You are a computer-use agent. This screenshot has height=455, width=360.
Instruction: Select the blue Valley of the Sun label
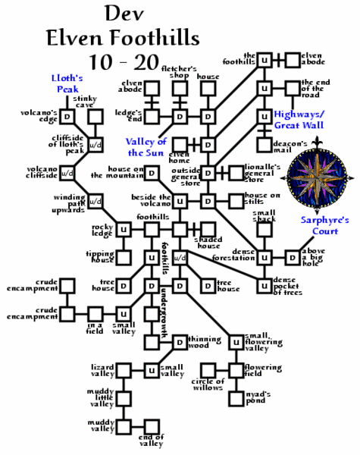[x=146, y=146]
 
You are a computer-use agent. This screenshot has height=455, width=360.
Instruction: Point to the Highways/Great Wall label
[x=300, y=120]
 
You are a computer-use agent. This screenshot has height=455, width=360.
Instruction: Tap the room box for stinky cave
[x=95, y=117]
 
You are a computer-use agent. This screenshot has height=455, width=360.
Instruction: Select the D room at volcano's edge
[x=67, y=117]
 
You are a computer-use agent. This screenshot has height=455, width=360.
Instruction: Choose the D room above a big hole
[x=293, y=257]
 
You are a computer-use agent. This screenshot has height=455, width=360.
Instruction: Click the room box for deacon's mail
[x=264, y=144]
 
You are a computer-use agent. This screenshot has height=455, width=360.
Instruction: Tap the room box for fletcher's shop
[x=180, y=89]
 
